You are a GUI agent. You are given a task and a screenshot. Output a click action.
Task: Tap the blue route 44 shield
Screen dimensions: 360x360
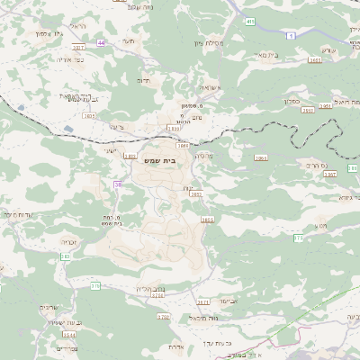pyautogui.click(x=102, y=42)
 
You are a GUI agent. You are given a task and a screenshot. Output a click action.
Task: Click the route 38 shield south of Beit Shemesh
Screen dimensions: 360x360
pyautogui.click(x=117, y=184)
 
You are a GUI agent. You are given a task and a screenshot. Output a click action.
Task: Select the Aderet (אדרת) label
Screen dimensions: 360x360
pyautogui.click(x=175, y=346)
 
